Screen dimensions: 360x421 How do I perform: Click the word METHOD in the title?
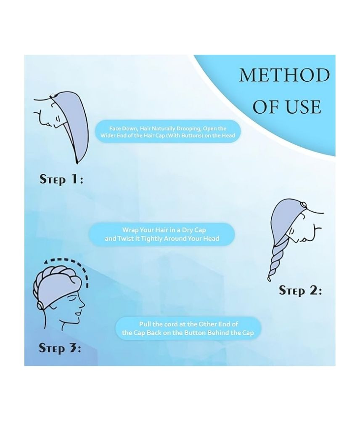tap(284, 75)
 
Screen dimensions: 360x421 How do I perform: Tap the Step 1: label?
tap(61, 179)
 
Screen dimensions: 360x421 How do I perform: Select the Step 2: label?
tap(300, 290)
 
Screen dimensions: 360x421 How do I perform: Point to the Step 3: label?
tap(60, 348)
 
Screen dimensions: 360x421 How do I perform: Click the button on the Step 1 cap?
tap(52, 95)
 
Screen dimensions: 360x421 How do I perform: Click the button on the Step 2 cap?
tap(303, 205)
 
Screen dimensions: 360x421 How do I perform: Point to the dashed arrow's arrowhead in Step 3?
tap(46, 261)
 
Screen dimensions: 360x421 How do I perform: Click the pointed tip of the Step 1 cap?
tap(77, 163)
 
